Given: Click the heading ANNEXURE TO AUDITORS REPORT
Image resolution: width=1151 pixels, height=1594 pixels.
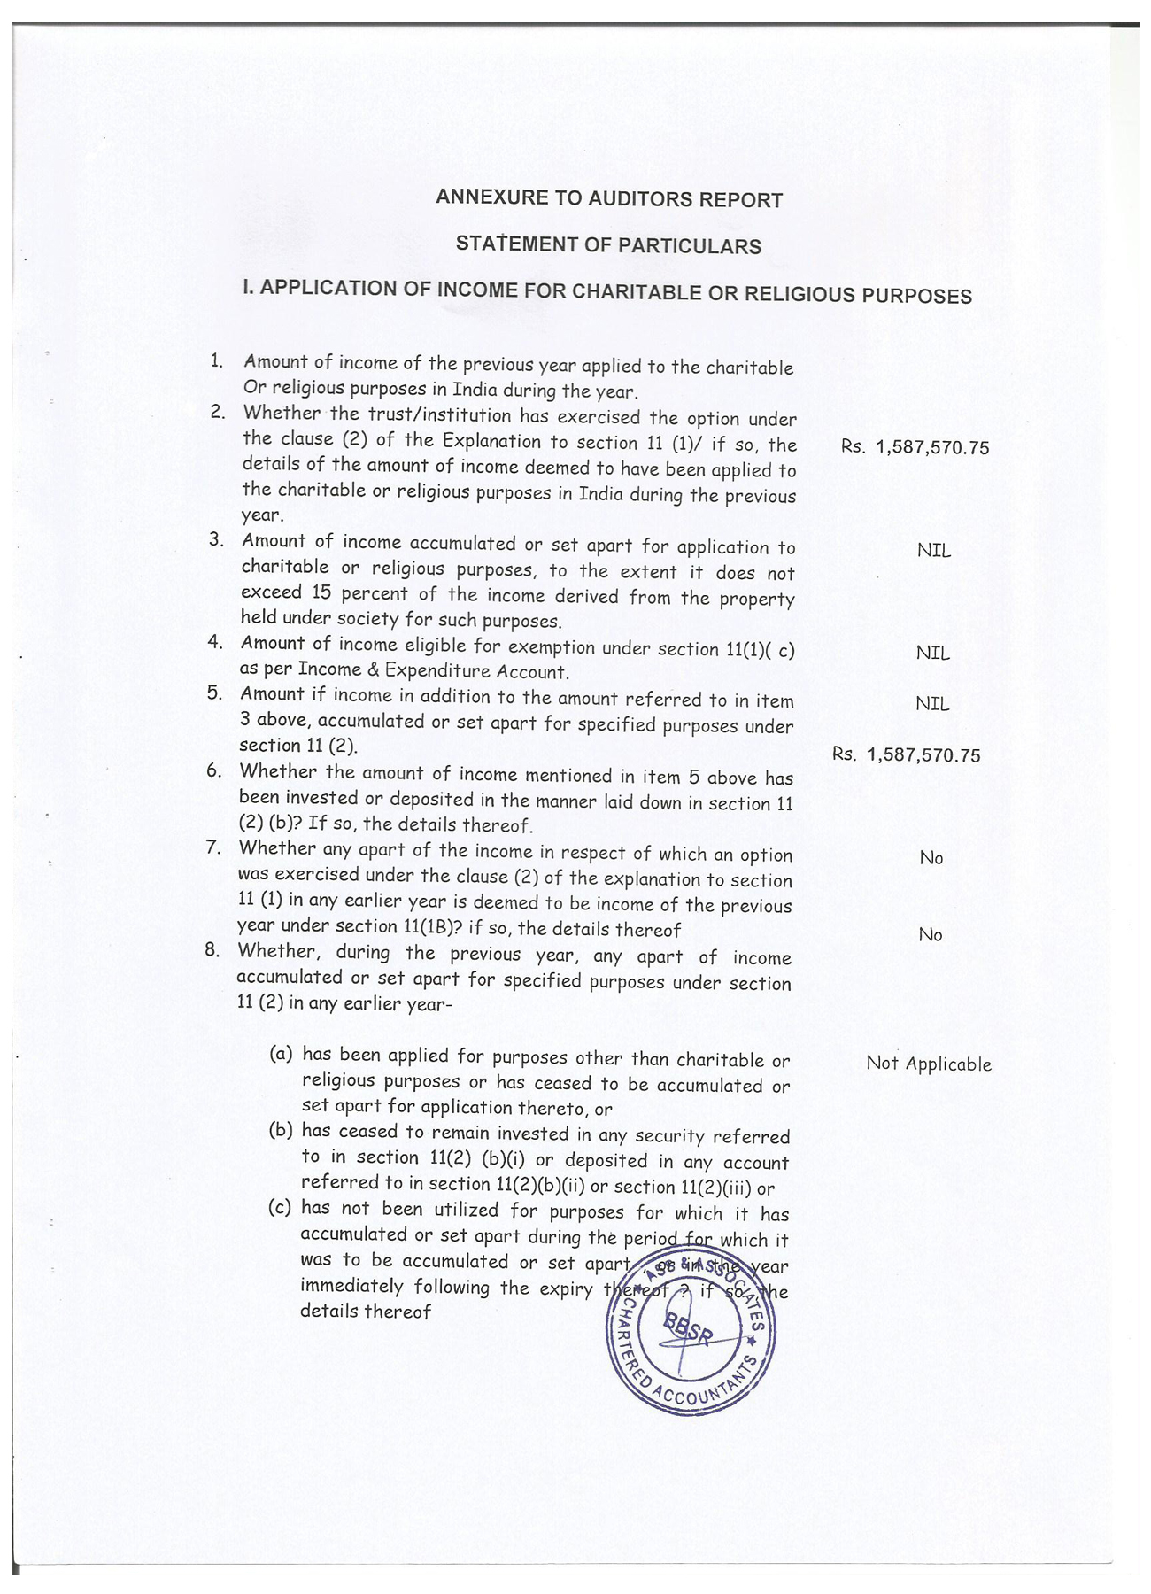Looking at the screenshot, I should [608, 198].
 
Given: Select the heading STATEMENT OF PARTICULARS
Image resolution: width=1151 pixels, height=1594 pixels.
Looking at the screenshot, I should [608, 244].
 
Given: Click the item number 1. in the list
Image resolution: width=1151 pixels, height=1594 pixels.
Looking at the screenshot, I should [216, 360].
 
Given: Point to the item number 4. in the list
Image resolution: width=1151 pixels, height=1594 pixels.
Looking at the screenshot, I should [215, 642].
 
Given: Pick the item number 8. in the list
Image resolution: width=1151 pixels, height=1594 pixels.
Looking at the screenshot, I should [212, 949].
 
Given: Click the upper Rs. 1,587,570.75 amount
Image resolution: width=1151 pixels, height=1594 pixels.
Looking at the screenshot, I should [915, 447].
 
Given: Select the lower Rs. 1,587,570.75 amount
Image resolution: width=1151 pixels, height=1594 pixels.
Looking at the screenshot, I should [906, 754].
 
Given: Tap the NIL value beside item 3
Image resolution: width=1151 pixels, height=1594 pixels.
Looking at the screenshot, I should [933, 550].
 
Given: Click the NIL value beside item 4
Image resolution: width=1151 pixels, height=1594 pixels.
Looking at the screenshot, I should [932, 653].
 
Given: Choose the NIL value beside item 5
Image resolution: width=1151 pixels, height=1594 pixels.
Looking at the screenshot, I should [932, 704].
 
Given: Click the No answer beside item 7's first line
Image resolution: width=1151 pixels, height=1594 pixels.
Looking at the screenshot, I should [931, 857].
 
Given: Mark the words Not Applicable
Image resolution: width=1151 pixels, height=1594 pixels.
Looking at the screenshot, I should [929, 1064].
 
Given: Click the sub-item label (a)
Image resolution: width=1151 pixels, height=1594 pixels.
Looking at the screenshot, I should [281, 1054].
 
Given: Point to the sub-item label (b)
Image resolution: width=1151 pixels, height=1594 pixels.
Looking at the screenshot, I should [280, 1131].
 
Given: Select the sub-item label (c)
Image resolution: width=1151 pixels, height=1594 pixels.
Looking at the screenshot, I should [279, 1208].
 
